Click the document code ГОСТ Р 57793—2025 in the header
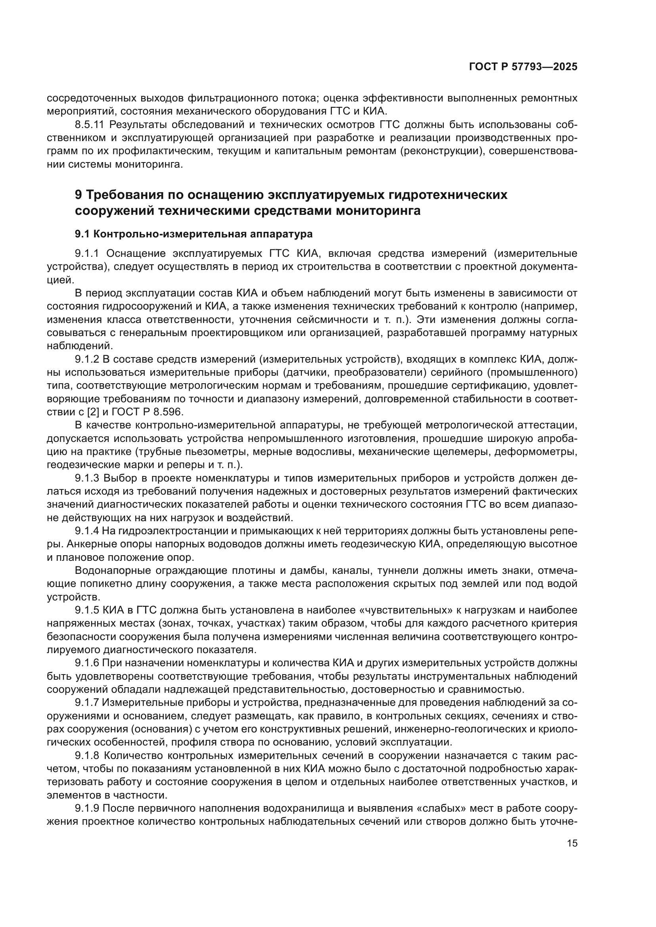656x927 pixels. coord(523,67)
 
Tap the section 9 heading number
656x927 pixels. coord(79,195)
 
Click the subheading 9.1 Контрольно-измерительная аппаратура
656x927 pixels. coord(194,234)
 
